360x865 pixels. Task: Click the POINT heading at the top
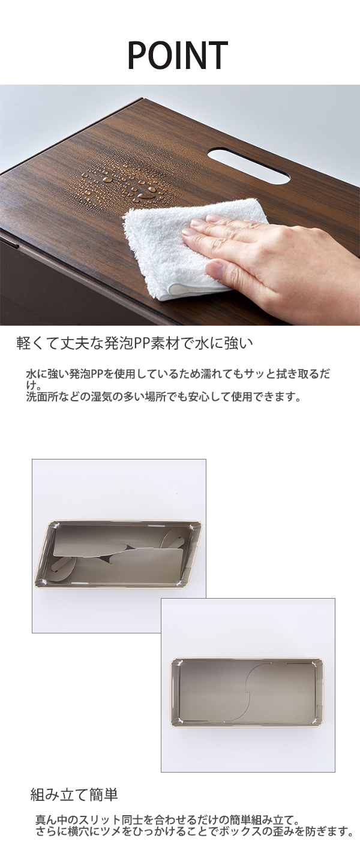point(178,55)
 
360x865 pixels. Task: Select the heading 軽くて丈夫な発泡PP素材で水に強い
point(134,343)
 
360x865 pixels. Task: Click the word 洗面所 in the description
point(40,397)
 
